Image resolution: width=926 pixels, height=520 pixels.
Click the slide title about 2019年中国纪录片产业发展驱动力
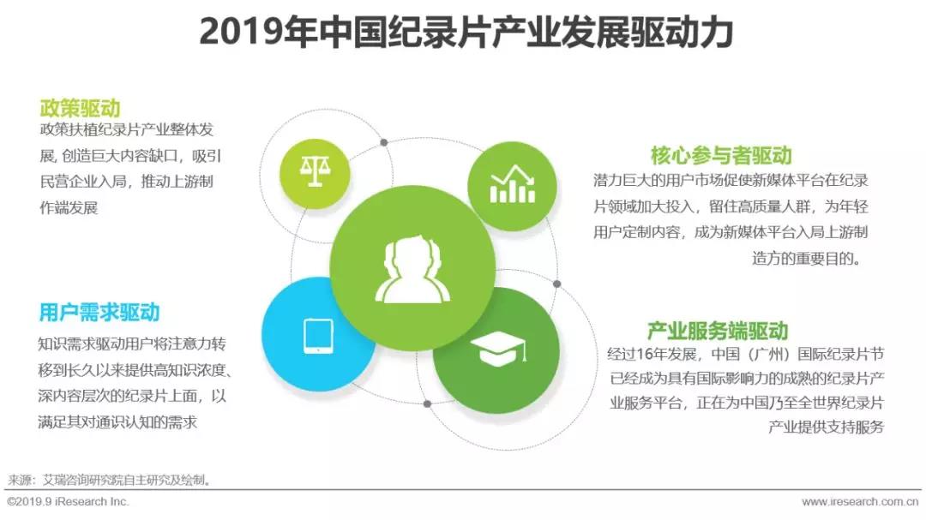point(466,32)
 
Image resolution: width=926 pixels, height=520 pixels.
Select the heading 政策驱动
point(81,108)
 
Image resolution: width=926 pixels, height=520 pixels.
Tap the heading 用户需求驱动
point(99,312)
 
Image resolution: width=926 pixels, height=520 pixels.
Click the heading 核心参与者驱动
point(721,155)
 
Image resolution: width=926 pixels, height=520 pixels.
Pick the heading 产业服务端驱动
point(718,331)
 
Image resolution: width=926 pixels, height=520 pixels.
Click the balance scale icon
point(315,171)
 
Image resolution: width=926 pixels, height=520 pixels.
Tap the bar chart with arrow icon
point(513,184)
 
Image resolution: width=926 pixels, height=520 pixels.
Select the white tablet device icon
point(318,336)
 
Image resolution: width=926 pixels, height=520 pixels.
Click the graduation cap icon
point(497,349)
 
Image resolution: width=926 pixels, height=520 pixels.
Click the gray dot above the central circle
point(384,142)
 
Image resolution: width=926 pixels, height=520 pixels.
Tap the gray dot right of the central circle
point(557,284)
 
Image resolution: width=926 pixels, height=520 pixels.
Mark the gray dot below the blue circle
point(428,403)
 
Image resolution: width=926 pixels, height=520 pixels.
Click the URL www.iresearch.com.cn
point(860,502)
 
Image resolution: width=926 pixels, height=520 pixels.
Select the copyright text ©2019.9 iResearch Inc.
point(68,502)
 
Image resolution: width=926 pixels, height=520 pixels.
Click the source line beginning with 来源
point(109,480)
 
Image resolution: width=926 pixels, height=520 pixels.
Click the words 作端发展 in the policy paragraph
point(69,208)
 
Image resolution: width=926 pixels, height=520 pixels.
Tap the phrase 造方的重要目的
point(806,259)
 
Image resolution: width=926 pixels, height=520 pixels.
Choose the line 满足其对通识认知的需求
point(117,422)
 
